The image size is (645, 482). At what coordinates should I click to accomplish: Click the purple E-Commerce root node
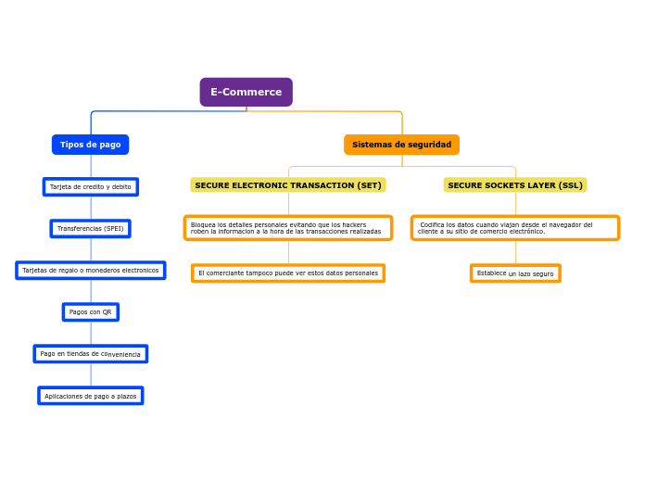click(246, 92)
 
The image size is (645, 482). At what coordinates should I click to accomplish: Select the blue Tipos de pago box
click(90, 145)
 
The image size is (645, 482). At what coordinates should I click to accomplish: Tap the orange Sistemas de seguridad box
click(401, 145)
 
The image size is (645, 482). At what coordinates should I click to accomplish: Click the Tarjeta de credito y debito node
click(90, 186)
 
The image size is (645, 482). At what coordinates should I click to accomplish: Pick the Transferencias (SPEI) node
click(90, 228)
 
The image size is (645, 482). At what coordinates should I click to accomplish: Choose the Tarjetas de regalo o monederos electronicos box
click(90, 270)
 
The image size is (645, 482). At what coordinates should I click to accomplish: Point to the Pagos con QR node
click(90, 311)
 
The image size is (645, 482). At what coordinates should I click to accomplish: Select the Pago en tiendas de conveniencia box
click(90, 354)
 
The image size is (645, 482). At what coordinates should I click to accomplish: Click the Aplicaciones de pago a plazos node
click(90, 396)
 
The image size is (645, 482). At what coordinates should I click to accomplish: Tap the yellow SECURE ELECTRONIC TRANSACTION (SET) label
click(287, 185)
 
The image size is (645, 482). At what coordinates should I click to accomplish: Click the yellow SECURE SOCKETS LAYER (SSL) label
click(515, 185)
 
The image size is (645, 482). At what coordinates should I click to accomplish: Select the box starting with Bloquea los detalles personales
click(287, 228)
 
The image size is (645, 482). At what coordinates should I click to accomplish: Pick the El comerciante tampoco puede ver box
click(287, 273)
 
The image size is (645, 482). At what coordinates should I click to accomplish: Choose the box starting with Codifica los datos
click(515, 228)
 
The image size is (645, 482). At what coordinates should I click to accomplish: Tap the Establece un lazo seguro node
click(515, 273)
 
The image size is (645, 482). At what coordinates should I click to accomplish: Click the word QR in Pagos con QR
click(106, 312)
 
